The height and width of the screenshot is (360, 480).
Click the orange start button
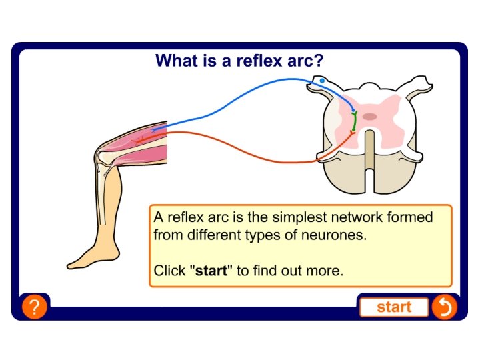(394, 307)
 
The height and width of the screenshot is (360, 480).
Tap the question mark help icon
(34, 307)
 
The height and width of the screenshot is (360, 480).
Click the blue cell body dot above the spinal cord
(322, 81)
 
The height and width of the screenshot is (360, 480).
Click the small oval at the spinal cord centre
(369, 117)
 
